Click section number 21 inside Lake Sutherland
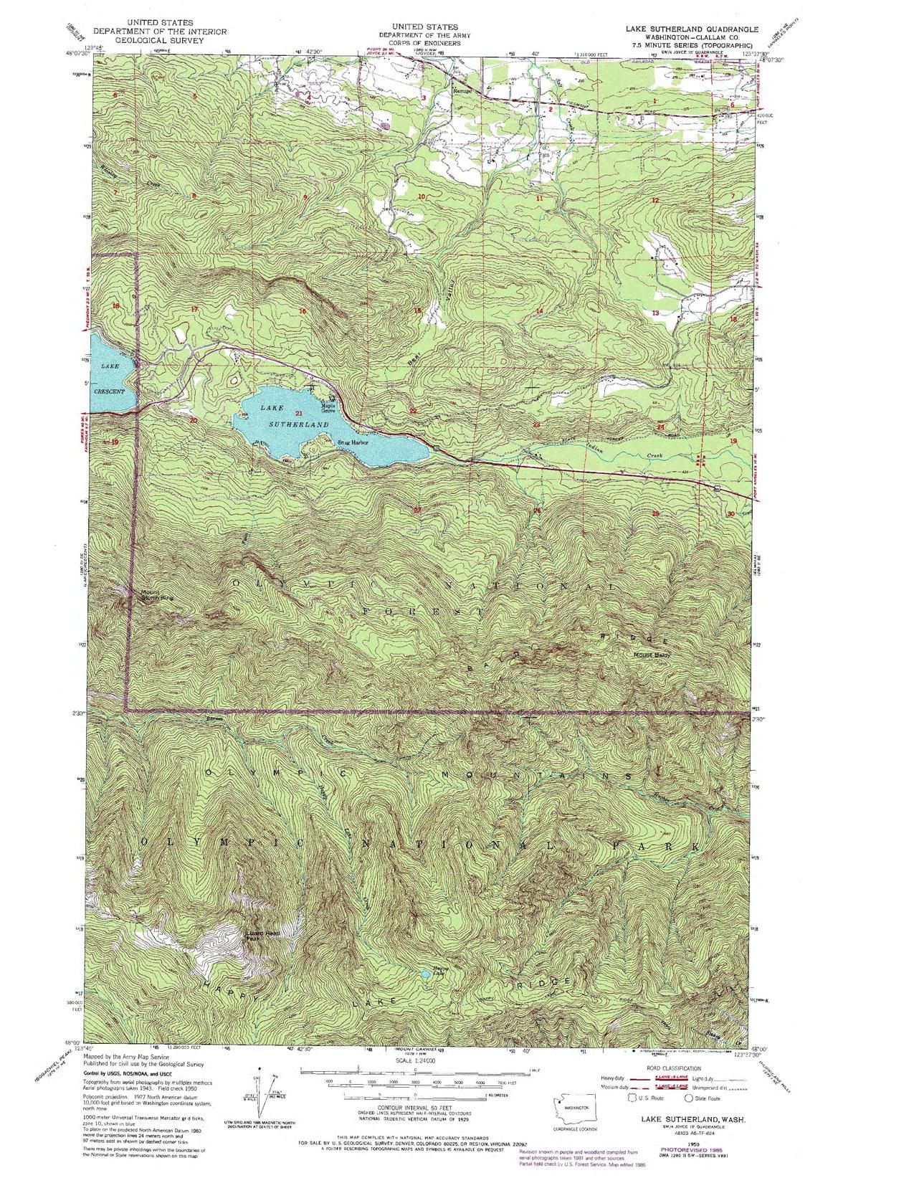click(x=299, y=414)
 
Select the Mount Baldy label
click(x=651, y=654)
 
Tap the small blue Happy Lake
click(x=426, y=974)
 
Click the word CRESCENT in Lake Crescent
click(x=109, y=392)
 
